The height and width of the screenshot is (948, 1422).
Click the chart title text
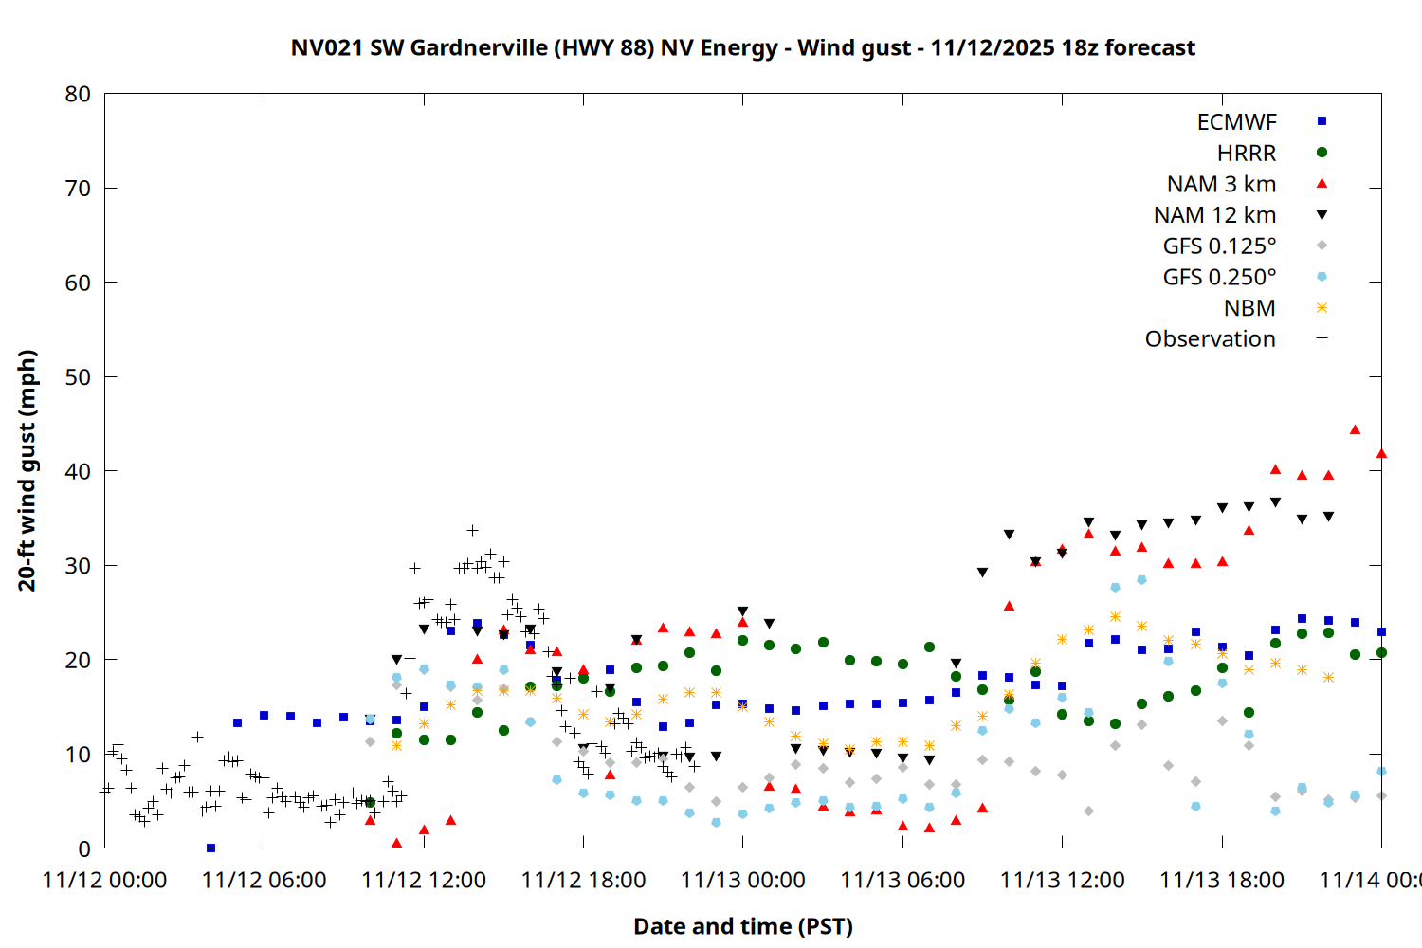[742, 47]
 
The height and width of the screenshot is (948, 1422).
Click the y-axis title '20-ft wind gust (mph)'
[27, 470]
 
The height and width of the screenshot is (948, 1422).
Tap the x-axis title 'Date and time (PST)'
[742, 926]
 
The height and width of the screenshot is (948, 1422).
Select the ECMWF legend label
[1236, 122]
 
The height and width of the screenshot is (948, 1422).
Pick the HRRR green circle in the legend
[1322, 153]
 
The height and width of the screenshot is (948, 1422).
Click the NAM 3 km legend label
[1221, 184]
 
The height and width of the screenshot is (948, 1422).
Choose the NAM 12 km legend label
[1214, 215]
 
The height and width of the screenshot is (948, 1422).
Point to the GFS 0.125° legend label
[1219, 246]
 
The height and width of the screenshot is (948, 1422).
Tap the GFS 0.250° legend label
[1219, 277]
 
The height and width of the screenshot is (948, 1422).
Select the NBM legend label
[1249, 308]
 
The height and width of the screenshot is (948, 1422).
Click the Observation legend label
[1210, 339]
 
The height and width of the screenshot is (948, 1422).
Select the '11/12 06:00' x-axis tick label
[264, 880]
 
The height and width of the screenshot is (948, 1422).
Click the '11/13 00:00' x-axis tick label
[742, 880]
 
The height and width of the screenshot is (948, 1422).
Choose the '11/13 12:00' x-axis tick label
[1062, 880]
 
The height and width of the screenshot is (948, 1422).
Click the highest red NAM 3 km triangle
[1355, 430]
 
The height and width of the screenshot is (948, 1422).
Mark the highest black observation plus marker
[472, 530]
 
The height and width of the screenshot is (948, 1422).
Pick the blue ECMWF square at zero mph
[210, 848]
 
